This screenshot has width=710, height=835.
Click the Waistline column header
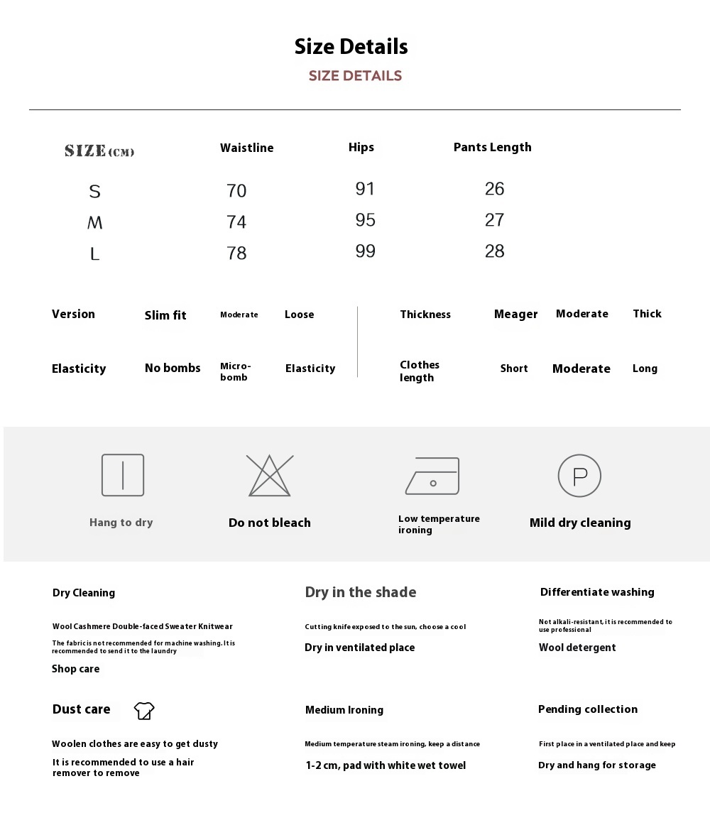point(246,148)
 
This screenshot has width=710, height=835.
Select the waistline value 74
point(236,222)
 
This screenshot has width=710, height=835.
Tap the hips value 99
point(365,251)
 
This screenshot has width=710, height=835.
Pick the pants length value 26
point(494,189)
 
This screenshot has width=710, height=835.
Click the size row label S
point(94,191)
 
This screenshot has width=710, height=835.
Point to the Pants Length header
point(492,147)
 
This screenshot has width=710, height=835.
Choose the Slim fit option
point(165,315)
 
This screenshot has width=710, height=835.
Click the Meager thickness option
point(515,315)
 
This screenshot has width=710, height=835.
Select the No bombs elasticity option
point(173,368)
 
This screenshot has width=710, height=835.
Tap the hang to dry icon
point(123,475)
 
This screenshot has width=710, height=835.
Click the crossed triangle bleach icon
point(269,476)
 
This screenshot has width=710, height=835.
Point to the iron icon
point(432,476)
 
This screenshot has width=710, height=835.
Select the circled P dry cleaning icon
point(579,476)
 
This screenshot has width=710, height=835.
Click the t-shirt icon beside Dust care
point(144,710)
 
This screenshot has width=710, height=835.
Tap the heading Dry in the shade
point(361,592)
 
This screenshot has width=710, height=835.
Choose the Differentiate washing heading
point(597,592)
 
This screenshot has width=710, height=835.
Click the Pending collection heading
point(588,709)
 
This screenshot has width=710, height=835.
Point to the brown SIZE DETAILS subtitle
point(355,76)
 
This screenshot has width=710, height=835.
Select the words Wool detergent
point(577,648)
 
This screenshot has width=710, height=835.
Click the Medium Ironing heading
point(344,710)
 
